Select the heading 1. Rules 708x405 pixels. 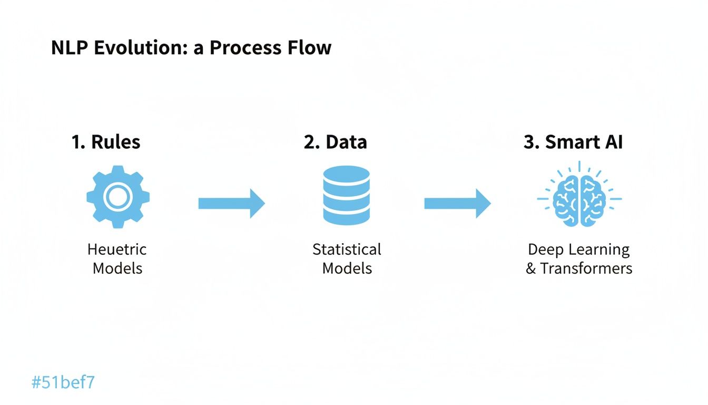coord(106,142)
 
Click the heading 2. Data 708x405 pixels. coord(336,142)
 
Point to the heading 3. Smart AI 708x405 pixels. coord(573,142)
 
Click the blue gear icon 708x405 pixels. coord(117,197)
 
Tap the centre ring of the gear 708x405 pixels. coord(117,197)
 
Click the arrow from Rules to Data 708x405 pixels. coord(231,203)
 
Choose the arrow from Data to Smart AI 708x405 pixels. coord(457,203)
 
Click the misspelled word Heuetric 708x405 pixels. coord(117,249)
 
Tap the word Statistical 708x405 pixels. coord(347,249)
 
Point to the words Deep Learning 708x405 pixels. coord(578,249)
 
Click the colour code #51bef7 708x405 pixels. coord(63,382)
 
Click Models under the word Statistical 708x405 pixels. coord(347,268)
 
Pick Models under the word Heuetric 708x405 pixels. coord(117,268)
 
